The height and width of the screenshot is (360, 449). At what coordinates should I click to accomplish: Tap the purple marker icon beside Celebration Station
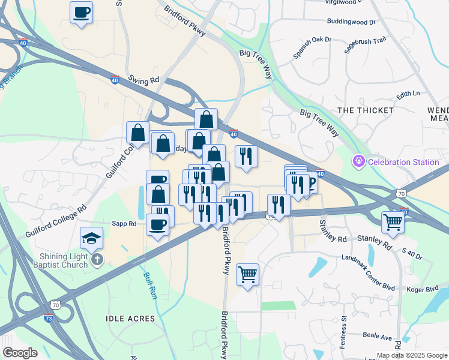coord(359,161)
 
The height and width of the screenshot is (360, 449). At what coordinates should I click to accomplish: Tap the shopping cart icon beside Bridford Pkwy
coord(247,274)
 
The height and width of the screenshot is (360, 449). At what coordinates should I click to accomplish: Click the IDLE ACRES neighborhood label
coord(130,318)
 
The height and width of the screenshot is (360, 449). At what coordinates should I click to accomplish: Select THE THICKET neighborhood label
coord(366,110)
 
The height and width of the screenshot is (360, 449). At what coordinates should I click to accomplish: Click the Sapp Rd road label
coord(124,224)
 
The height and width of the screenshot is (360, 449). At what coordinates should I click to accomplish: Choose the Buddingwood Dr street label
coord(351,22)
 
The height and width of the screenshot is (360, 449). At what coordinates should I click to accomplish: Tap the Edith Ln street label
coord(408,94)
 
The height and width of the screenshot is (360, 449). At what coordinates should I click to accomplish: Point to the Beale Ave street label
coord(376,337)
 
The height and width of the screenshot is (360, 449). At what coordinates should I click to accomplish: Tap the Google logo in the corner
coord(20,352)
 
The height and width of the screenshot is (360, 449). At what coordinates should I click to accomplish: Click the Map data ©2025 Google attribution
coord(411,355)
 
